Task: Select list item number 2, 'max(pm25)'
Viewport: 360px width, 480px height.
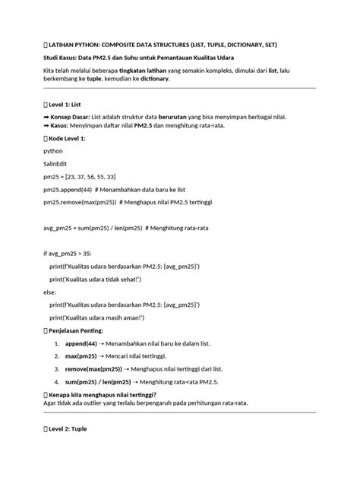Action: click(114, 355)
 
